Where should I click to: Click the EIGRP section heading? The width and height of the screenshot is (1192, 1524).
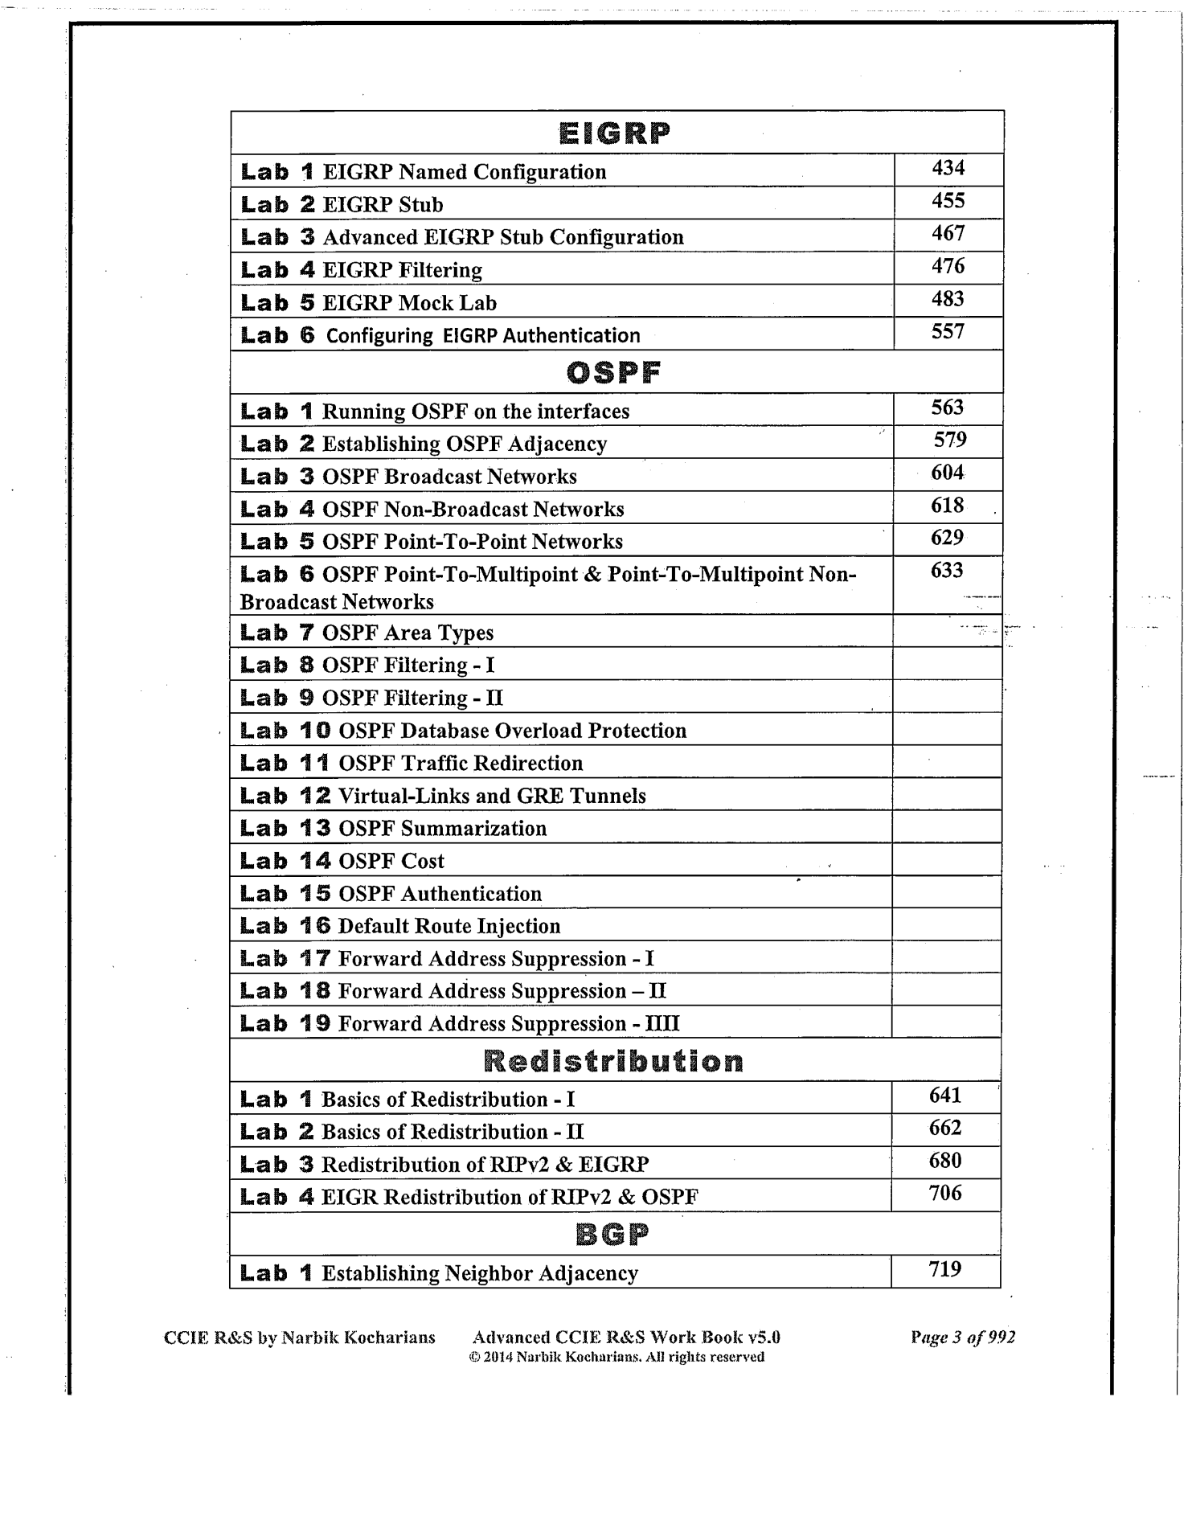click(615, 133)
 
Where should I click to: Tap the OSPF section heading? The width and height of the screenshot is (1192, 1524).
click(615, 372)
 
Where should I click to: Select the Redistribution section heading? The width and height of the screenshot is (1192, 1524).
click(615, 1061)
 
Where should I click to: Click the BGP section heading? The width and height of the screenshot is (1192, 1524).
click(613, 1235)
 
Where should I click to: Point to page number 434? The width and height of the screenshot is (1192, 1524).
click(948, 168)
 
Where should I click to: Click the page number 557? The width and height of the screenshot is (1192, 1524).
click(948, 332)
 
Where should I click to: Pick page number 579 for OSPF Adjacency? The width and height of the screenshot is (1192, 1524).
click(950, 440)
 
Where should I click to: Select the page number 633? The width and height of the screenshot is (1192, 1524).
click(947, 571)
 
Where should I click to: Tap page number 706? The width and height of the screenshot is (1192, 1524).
click(945, 1194)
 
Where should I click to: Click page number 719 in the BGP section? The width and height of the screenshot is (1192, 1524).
click(945, 1270)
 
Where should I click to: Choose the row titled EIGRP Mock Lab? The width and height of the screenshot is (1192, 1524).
click(409, 303)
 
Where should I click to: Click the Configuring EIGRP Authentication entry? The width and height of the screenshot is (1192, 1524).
click(482, 336)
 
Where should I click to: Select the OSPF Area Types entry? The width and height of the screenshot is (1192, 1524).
click(408, 633)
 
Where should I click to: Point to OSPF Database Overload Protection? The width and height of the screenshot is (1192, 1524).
click(512, 731)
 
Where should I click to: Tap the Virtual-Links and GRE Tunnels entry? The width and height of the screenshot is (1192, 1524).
click(492, 796)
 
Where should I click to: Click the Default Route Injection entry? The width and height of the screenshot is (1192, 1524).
click(449, 926)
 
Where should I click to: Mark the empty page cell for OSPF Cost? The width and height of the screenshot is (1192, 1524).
click(946, 860)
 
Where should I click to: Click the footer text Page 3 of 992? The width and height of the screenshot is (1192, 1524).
click(963, 1338)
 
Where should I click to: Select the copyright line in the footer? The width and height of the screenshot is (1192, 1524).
click(616, 1358)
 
